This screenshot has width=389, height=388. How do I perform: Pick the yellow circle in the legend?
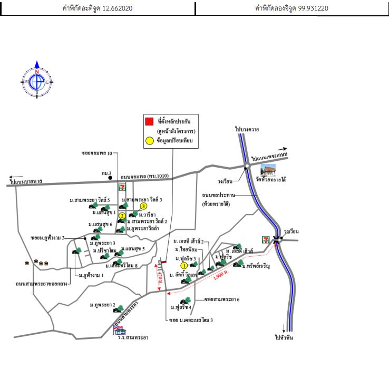(150, 141)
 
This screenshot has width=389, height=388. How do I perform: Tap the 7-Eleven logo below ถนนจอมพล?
(123, 187)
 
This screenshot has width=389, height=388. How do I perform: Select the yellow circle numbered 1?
(184, 266)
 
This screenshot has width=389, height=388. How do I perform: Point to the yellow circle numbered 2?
(122, 216)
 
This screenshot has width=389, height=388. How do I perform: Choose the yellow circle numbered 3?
(143, 206)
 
